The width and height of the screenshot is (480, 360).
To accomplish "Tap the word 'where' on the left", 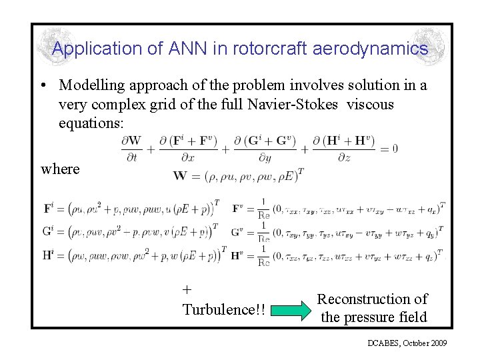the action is pyautogui.click(x=60, y=169).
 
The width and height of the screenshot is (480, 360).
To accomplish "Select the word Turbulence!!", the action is pyautogui.click(x=223, y=310).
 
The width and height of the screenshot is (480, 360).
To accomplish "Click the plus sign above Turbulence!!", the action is pyautogui.click(x=187, y=289).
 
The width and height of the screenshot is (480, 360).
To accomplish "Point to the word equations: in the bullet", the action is pyautogui.click(x=89, y=124).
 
